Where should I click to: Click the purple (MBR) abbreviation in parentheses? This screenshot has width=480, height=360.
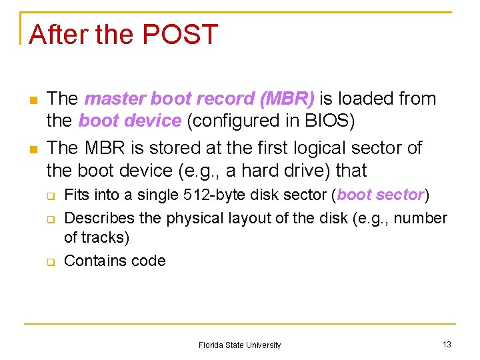(x=289, y=99)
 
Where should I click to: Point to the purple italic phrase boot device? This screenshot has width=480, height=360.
(x=129, y=121)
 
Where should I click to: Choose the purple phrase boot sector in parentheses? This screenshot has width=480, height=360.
(x=381, y=195)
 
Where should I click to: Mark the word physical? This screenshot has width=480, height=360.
(x=195, y=218)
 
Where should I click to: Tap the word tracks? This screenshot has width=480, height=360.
(x=103, y=237)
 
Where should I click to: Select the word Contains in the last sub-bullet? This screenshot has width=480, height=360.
(x=91, y=261)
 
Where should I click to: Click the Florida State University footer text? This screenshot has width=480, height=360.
(x=239, y=345)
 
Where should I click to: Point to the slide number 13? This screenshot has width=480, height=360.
(x=447, y=345)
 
